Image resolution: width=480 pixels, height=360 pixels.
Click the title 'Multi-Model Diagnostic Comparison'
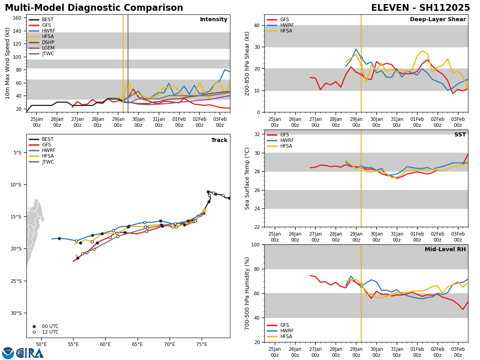pyautogui.click(x=94, y=8)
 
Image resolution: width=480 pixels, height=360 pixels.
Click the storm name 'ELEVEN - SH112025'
pyautogui.click(x=420, y=8)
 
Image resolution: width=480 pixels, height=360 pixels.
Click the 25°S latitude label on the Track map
pyautogui.click(x=18, y=281)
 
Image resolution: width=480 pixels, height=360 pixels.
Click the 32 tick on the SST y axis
pyautogui.click(x=258, y=134)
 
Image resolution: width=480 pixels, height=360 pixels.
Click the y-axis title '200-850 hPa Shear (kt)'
pyautogui.click(x=248, y=63)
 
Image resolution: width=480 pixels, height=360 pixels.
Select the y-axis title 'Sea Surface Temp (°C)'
pyautogui.click(x=248, y=178)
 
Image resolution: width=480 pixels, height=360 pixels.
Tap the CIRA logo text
pyautogui.click(x=30, y=353)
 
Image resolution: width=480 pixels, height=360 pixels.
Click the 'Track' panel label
pyautogui.click(x=219, y=140)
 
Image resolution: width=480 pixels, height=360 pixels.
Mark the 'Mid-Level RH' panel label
pyautogui.click(x=445, y=250)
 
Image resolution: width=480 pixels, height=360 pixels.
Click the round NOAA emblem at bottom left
pyautogui.click(x=8, y=353)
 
